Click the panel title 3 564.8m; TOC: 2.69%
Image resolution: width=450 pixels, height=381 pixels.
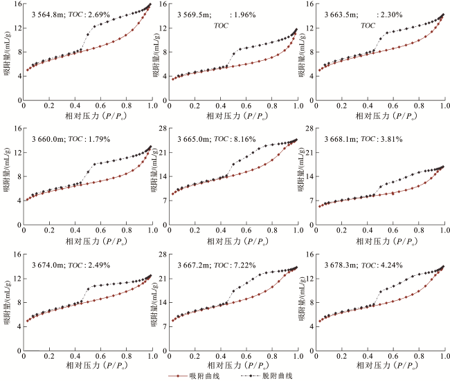pyautogui.click(x=63, y=13)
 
